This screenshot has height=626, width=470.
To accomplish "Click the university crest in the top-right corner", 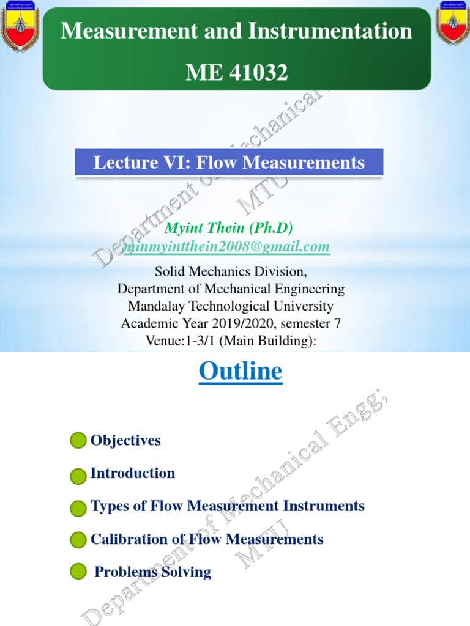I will pyautogui.click(x=451, y=23).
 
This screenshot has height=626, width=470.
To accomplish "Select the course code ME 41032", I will pyautogui.click(x=236, y=73).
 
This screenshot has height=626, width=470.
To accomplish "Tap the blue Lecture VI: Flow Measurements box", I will pyautogui.click(x=229, y=163).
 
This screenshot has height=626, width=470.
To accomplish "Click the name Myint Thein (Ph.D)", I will pyautogui.click(x=229, y=228).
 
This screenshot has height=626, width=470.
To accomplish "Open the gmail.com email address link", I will pyautogui.click(x=227, y=246).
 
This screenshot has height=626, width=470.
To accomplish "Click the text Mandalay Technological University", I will pyautogui.click(x=230, y=306).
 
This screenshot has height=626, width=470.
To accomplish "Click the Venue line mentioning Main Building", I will pyautogui.click(x=230, y=341).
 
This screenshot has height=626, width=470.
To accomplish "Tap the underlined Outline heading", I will pyautogui.click(x=241, y=372).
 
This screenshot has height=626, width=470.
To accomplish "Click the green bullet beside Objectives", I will pyautogui.click(x=78, y=441).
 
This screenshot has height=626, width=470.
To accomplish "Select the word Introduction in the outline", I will pyautogui.click(x=132, y=473).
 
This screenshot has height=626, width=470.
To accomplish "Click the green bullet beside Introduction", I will pyautogui.click(x=78, y=475).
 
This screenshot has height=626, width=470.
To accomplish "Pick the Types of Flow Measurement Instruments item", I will pyautogui.click(x=227, y=506).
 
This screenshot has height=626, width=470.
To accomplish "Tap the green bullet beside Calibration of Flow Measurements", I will pyautogui.click(x=78, y=540).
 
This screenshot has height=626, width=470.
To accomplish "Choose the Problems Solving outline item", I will pyautogui.click(x=152, y=572).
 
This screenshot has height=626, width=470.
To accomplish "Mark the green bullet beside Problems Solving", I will pyautogui.click(x=78, y=572).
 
